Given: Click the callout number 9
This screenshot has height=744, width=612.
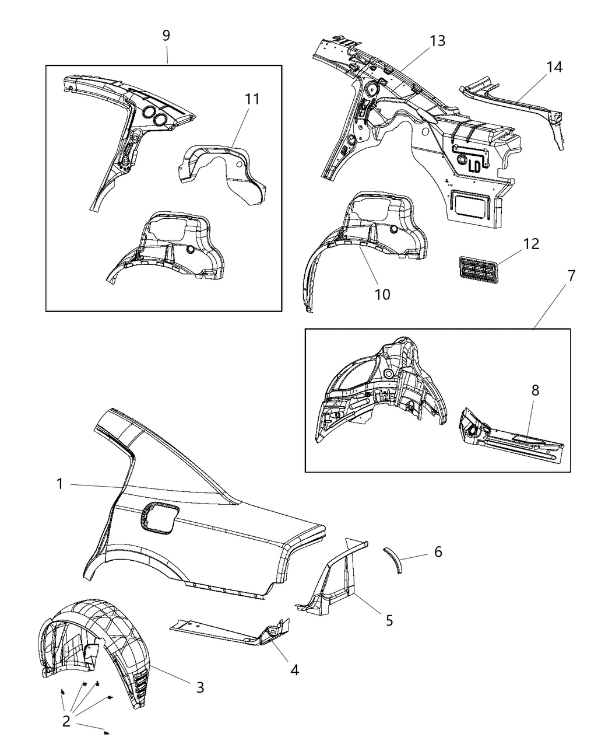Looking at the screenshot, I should (x=166, y=35).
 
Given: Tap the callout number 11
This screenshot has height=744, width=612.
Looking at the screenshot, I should (x=252, y=99).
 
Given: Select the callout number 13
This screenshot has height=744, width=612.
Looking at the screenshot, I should (x=437, y=41).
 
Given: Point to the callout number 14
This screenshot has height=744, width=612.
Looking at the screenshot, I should (x=554, y=67).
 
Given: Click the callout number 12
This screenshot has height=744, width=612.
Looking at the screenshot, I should (x=531, y=243).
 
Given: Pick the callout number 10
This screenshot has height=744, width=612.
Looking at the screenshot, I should (x=382, y=295).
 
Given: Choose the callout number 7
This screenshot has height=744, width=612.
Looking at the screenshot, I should (x=571, y=275).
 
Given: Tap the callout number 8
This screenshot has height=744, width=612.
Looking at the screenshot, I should (x=534, y=390).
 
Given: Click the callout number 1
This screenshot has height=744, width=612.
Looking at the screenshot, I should (x=60, y=484).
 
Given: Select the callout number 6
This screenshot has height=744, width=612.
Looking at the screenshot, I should (x=438, y=551).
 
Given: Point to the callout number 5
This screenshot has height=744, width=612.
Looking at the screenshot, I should (x=389, y=620).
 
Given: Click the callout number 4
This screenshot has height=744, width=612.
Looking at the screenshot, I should (x=294, y=670).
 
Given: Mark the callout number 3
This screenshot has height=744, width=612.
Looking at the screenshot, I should (x=200, y=687).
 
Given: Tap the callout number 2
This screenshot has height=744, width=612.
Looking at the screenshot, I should (x=66, y=721).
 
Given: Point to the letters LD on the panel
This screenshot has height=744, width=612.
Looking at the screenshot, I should (x=474, y=166).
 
